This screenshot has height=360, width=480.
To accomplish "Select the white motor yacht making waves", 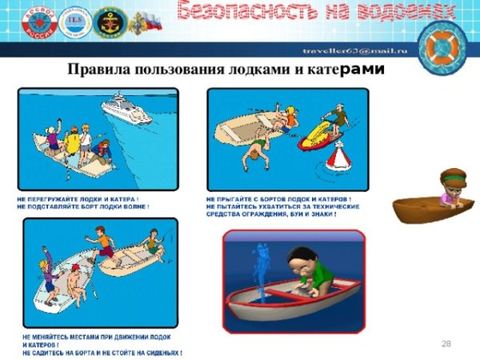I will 126,109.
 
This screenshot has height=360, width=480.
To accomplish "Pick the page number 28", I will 446,343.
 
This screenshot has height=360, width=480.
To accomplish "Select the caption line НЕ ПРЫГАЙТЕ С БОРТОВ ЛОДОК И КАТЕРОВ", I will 278,198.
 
